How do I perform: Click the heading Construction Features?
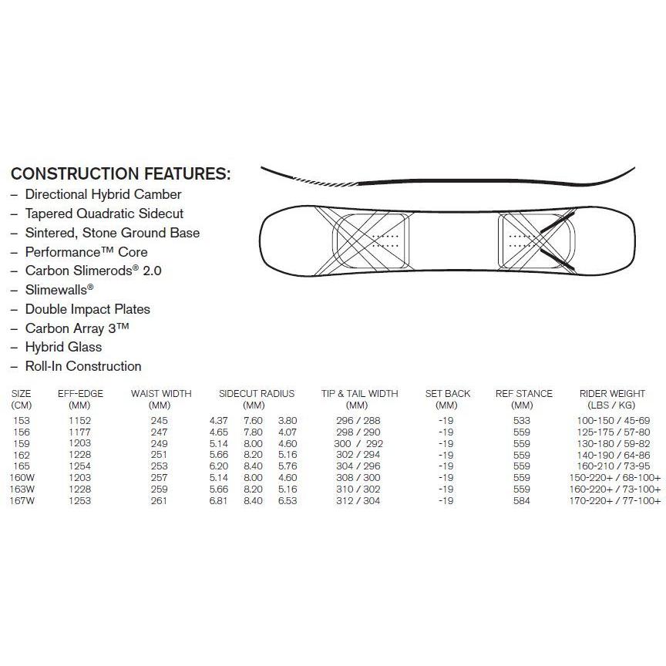tap(121, 173)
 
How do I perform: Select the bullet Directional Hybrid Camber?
tap(103, 194)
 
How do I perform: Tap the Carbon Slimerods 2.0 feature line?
tap(92, 271)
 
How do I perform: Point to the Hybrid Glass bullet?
tap(63, 347)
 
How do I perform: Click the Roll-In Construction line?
tap(82, 366)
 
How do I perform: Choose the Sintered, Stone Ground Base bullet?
tap(112, 233)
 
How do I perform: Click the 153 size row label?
tap(22, 420)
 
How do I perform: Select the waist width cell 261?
tap(160, 501)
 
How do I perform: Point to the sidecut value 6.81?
tap(220, 501)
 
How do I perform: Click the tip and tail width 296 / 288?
tap(359, 420)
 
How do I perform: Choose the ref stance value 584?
tap(523, 501)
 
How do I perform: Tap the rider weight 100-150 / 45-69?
tap(614, 420)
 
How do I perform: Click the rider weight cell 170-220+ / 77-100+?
tap(614, 501)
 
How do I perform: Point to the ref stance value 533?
tap(523, 420)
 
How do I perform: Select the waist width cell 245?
tap(160, 420)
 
